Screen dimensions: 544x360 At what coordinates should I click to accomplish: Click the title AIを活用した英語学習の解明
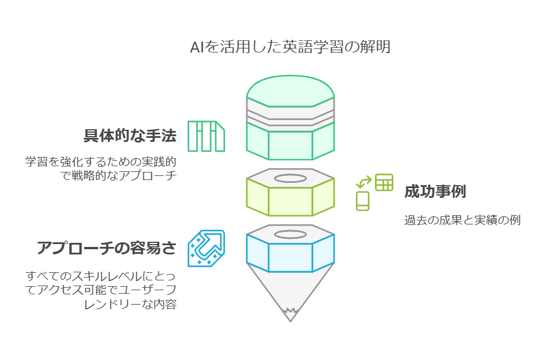click(290, 47)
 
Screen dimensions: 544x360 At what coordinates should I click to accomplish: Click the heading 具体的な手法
click(130, 135)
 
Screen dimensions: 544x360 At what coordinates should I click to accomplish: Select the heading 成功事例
click(435, 192)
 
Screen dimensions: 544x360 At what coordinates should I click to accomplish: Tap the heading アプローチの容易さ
click(107, 248)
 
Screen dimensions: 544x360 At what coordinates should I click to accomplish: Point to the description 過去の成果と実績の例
click(463, 220)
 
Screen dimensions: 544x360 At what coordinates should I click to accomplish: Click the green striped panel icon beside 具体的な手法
click(207, 136)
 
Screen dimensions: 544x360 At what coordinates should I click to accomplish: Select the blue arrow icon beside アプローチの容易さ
click(207, 248)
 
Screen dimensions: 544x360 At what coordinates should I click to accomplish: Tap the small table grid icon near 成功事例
click(384, 182)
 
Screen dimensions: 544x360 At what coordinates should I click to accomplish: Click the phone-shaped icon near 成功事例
click(362, 201)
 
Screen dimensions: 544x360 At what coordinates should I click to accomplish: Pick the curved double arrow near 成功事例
click(363, 182)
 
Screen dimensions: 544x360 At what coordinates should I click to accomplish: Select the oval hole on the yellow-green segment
click(290, 179)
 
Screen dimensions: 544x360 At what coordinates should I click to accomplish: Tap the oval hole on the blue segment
click(290, 235)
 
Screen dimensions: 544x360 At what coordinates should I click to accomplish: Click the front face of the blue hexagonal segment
click(290, 258)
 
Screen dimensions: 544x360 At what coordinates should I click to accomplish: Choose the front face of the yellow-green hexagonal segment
click(290, 201)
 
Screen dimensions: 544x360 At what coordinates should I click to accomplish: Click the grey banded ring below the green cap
click(290, 114)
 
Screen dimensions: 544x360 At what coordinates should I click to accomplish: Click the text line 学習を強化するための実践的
click(101, 162)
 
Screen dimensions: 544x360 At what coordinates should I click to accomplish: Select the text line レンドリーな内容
click(130, 304)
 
